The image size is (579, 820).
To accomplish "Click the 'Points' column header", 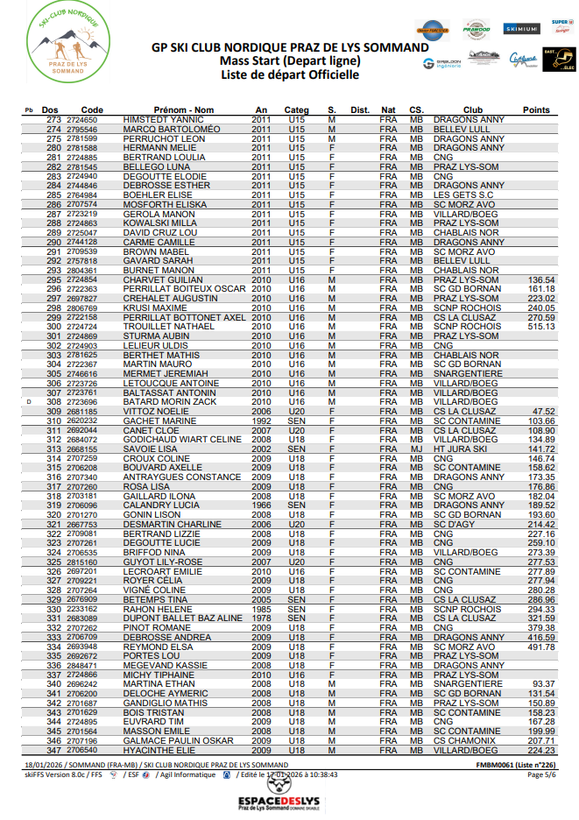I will point(535,110).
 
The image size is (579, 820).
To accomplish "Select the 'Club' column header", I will point(472,110).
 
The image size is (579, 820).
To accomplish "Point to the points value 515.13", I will point(540,327).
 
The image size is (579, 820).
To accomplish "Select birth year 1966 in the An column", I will point(261,505).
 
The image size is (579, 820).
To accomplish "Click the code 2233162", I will point(81,609).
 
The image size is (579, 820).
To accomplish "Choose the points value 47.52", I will point(544,412).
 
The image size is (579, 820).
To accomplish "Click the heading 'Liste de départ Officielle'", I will point(290,75).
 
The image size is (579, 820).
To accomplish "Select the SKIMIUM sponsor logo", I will point(522,29).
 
